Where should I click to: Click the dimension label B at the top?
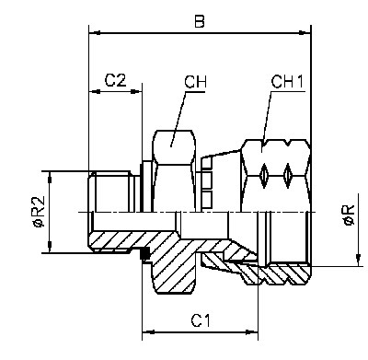click(200, 22)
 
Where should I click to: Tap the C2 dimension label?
click(116, 80)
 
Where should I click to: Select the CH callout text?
click(195, 82)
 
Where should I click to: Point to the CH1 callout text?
click(287, 82)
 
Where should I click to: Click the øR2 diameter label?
click(40, 212)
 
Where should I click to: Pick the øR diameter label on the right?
click(350, 215)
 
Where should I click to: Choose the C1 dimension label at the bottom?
click(201, 321)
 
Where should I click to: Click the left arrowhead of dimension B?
click(95, 32)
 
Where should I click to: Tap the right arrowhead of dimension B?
click(305, 32)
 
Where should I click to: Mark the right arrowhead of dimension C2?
click(136, 91)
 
